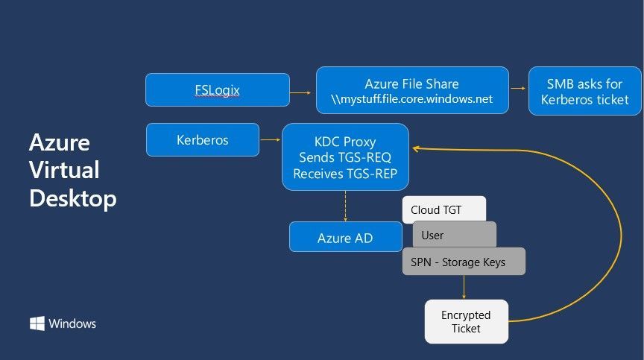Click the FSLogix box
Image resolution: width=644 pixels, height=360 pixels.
coord(217,90)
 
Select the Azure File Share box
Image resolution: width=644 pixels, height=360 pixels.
coord(412,90)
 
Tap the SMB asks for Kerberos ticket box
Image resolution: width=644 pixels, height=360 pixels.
coord(585,91)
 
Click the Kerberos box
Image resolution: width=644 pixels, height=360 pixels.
coord(203,140)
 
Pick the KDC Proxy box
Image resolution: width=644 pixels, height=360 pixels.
coord(345,157)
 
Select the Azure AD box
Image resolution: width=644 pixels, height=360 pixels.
coord(345,237)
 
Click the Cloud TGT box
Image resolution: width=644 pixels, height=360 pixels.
coord(444,209)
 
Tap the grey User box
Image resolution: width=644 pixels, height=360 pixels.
coord(454,234)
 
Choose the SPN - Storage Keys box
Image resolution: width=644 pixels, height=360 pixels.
coord(464,261)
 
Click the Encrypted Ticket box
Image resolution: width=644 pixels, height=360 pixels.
coord(466,321)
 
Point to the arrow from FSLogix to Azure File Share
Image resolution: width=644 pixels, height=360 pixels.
coord(300,92)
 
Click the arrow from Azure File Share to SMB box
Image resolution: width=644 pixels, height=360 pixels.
coord(518,88)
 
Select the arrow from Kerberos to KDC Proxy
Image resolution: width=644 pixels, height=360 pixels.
coord(271,140)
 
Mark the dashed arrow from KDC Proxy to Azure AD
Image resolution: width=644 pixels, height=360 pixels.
coord(345,206)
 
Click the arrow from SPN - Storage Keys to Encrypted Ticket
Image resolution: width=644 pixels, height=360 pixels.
coord(464,287)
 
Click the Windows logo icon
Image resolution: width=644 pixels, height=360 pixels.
coord(37,323)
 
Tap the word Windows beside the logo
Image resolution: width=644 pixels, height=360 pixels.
coord(72,323)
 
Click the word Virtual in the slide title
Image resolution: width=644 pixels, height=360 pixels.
coord(65,170)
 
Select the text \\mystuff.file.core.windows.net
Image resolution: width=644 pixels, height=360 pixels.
coord(411,99)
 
